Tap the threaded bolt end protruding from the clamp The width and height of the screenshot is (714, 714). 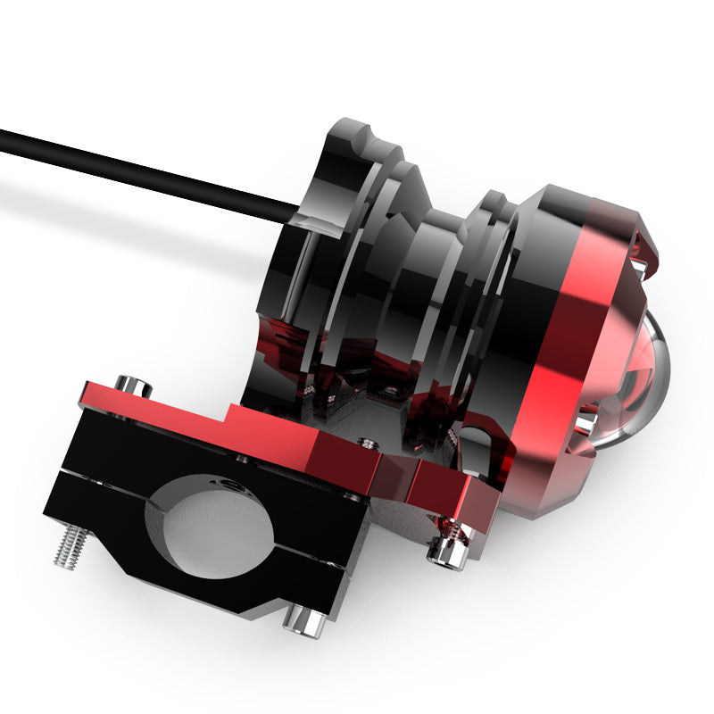pyautogui.click(x=69, y=545)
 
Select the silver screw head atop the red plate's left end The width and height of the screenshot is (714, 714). pyautogui.click(x=134, y=386)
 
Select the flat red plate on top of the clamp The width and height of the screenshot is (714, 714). pyautogui.click(x=223, y=428)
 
